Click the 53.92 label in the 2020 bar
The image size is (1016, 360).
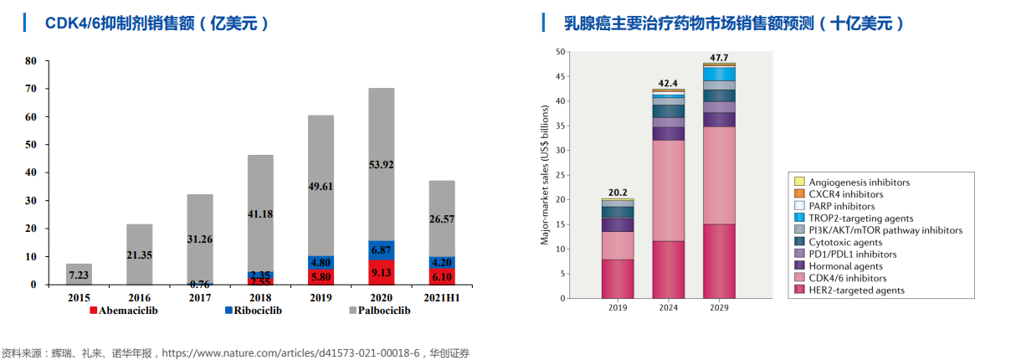(381, 165)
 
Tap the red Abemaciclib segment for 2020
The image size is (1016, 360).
(381, 272)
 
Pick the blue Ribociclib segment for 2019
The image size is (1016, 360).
(321, 262)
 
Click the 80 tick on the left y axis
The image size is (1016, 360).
(31, 61)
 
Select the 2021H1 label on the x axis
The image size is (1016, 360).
(441, 297)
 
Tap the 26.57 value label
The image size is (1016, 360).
(441, 219)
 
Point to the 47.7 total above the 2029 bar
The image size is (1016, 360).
(719, 58)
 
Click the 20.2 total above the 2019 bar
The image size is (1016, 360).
(618, 192)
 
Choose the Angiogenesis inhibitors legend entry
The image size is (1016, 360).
(859, 182)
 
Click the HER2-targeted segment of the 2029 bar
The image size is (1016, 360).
(719, 260)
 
